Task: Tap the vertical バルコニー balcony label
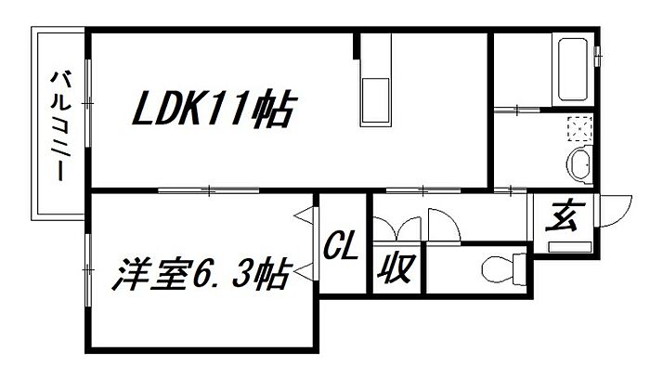[x=59, y=126]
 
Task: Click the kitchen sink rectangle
[x=377, y=99]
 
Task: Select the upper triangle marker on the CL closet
[x=303, y=216]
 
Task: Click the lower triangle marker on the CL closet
[x=303, y=272]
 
